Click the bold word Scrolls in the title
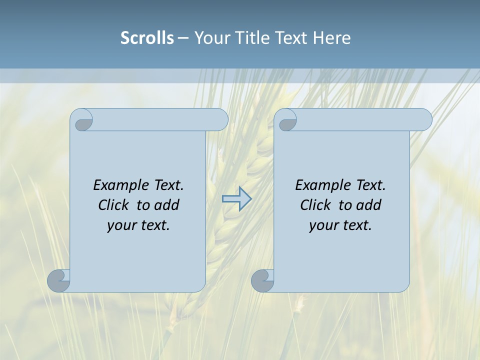point(147,38)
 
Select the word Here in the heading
point(331,38)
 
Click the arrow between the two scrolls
point(236,199)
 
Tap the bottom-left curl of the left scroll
point(59,280)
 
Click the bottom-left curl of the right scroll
point(262,280)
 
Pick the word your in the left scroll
point(121,225)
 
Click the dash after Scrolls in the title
point(183,38)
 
